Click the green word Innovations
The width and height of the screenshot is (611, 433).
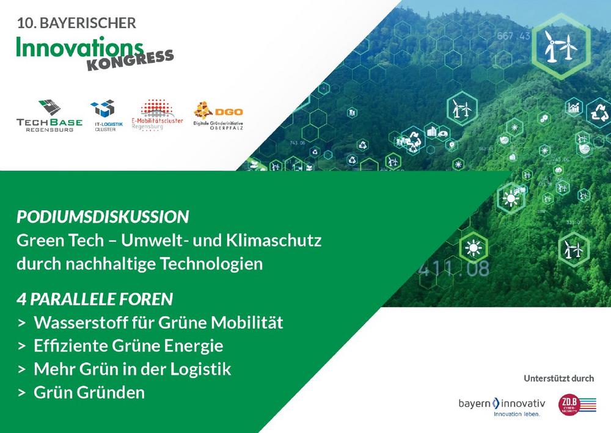(x=79, y=47)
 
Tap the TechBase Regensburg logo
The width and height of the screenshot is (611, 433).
(x=49, y=115)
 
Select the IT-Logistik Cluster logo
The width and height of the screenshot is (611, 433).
(x=103, y=115)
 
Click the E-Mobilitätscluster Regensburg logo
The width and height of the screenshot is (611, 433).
(x=157, y=115)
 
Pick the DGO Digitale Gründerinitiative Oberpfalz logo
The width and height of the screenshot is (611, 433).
(x=218, y=115)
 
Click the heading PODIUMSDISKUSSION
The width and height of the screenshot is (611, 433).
(x=103, y=217)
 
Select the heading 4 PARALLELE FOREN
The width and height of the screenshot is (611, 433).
(x=95, y=299)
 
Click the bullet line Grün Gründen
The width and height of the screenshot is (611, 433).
(x=89, y=392)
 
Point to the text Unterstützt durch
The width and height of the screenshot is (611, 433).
(x=558, y=378)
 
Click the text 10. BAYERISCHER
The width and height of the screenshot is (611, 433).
(x=76, y=23)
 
